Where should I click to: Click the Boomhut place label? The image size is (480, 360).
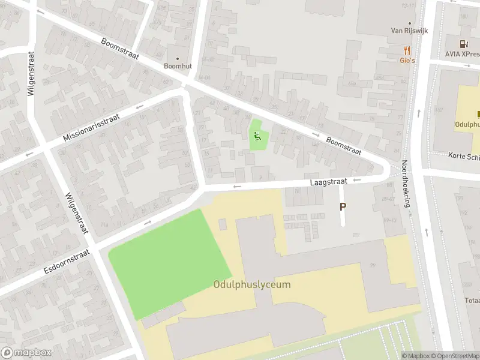[178, 66]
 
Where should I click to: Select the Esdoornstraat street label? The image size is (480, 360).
[66, 263]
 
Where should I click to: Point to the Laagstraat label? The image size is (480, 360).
[329, 181]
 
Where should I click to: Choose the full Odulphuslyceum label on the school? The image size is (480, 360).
[252, 284]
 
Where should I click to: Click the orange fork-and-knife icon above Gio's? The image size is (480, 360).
[407, 50]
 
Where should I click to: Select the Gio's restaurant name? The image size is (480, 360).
[407, 60]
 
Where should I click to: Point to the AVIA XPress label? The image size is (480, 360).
[462, 53]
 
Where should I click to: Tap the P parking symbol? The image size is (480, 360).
[343, 206]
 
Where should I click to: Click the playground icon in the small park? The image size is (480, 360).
[257, 136]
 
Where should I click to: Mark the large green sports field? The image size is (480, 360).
[169, 262]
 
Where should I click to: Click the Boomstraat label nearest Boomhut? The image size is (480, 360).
[120, 49]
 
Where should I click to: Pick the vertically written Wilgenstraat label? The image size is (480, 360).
[31, 73]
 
